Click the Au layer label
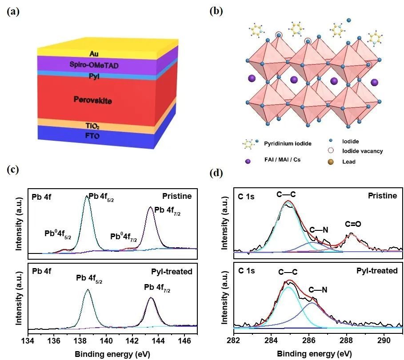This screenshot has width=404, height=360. pyautogui.click(x=93, y=54)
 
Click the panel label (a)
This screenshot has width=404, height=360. pyautogui.click(x=14, y=12)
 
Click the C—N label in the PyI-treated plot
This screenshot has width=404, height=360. pyautogui.click(x=318, y=290)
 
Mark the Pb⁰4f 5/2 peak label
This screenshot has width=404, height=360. pyautogui.click(x=58, y=233)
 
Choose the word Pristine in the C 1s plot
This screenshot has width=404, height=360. pyautogui.click(x=383, y=196)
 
